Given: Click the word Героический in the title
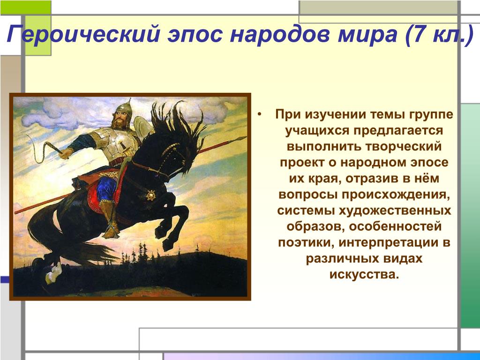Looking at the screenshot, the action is (83, 34).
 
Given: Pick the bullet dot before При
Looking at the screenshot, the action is (260, 114).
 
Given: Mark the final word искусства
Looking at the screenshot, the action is (364, 274).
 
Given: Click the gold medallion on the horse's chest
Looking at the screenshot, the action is (150, 195).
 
